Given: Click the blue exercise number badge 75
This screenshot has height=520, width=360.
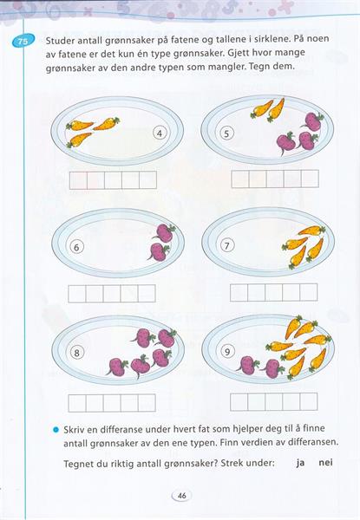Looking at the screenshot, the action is click(23, 42).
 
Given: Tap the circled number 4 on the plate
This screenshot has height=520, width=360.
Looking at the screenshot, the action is click(160, 133).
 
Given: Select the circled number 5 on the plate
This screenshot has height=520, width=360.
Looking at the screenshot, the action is click(226, 133).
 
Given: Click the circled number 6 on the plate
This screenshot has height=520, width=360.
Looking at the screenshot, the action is click(76, 247).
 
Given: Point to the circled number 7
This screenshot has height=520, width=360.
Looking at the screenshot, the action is click(227, 246).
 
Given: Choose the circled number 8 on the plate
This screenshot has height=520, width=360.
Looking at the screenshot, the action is click(76, 353).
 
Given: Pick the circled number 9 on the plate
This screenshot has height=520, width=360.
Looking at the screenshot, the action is click(227, 351).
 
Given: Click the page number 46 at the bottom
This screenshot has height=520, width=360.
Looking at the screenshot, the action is click(182, 496).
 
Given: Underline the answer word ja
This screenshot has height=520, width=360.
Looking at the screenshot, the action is click(300, 462).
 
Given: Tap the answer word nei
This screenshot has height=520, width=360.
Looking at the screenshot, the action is click(325, 462).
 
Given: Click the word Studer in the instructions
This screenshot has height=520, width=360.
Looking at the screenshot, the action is click(60, 41).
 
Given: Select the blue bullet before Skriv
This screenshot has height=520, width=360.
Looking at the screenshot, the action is click(56, 430).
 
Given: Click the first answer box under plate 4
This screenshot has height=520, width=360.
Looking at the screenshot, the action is click(78, 180).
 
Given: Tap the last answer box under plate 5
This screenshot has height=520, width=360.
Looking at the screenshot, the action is click(310, 179).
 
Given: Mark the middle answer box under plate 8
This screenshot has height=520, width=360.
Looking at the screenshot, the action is click(112, 403).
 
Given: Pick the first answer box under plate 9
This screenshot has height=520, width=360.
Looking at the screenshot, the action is click(239, 401).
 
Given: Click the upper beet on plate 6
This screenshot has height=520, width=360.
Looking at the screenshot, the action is click(164, 232).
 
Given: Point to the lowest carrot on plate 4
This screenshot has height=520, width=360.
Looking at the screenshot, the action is click(79, 140).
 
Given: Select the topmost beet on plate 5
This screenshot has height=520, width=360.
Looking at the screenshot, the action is click(312, 121).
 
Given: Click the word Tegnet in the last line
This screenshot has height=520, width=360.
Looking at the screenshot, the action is click(79, 464).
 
